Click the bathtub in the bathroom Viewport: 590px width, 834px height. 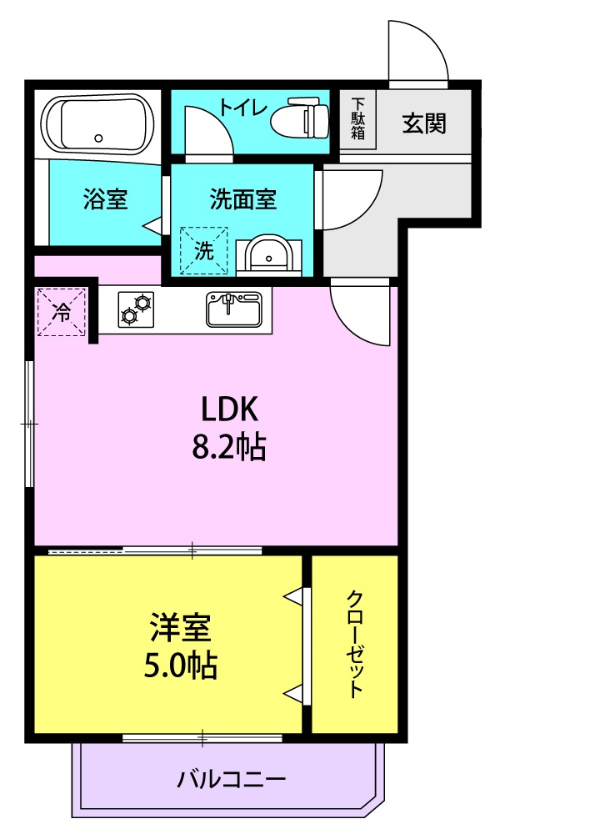pyautogui.click(x=97, y=124)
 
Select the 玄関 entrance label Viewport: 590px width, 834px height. pyautogui.click(x=423, y=123)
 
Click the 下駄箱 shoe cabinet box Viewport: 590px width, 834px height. pyautogui.click(x=357, y=118)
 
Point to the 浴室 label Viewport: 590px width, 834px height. pyautogui.click(x=105, y=199)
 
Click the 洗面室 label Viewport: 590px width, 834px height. pyautogui.click(x=242, y=199)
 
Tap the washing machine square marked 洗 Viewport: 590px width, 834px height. pyautogui.click(x=203, y=250)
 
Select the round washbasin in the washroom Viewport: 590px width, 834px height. pyautogui.click(x=268, y=254)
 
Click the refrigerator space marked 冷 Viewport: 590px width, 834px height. pyautogui.click(x=61, y=312)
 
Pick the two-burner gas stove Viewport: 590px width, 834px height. pyautogui.click(x=136, y=309)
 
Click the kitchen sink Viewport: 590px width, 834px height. pyautogui.click(x=234, y=309)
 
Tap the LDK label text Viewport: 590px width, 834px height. pyautogui.click(x=230, y=409)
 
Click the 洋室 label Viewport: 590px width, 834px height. pyautogui.click(x=180, y=628)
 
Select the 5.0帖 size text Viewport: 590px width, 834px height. pyautogui.click(x=181, y=665)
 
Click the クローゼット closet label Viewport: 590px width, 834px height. pyautogui.click(x=354, y=644)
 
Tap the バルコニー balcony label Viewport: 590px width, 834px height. pyautogui.click(x=231, y=780)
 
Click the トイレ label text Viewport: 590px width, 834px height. pyautogui.click(x=242, y=108)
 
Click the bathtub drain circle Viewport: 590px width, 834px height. pyautogui.click(x=98, y=138)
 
